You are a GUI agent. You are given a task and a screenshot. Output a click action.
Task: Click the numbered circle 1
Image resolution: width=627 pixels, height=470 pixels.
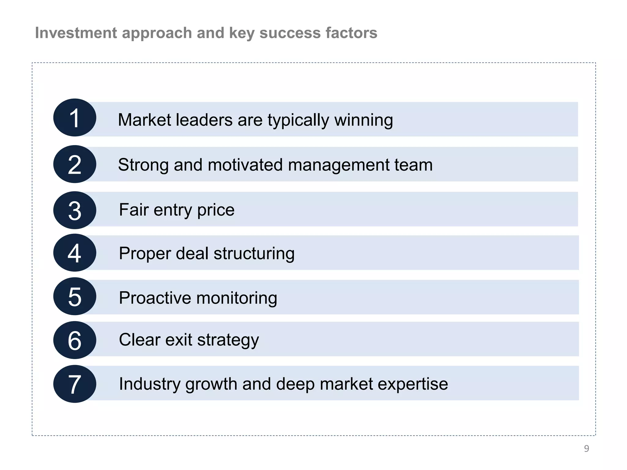click(x=75, y=118)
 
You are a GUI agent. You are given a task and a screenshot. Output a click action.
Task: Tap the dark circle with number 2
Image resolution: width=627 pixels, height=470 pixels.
click(x=75, y=164)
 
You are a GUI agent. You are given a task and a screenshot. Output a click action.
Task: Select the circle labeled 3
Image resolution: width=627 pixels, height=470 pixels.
click(x=75, y=210)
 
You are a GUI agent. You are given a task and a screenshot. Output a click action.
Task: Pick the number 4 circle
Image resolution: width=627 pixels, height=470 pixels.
click(x=75, y=253)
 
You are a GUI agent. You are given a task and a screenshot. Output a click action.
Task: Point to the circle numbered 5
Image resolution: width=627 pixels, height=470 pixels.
click(x=75, y=297)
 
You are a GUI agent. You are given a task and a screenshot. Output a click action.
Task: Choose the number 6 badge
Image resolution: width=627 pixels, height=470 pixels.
click(x=75, y=340)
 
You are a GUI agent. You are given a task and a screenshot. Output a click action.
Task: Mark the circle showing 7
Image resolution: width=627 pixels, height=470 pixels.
click(x=75, y=384)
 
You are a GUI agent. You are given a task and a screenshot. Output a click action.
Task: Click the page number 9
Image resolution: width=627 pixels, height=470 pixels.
click(x=586, y=449)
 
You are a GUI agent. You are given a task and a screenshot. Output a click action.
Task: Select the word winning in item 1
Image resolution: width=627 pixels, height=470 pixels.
click(x=364, y=120)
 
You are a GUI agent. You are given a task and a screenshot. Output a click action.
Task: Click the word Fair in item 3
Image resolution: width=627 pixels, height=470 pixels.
click(x=134, y=210)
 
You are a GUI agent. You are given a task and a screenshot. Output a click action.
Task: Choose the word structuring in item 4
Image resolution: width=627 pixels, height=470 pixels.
click(x=254, y=254)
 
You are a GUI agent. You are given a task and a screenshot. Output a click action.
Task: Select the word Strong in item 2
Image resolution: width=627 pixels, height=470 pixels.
click(x=143, y=165)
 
